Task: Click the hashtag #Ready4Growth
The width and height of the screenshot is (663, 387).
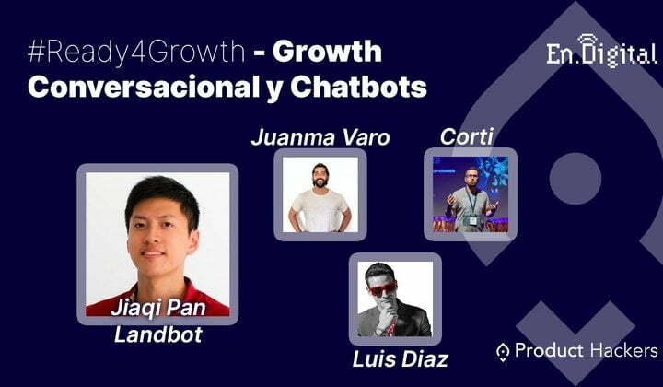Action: pos(136,52)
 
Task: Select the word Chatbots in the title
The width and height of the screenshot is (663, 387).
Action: pos(358,87)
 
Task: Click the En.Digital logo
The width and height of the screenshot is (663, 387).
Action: pos(601,52)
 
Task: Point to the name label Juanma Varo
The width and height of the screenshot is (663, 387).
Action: pos(320,137)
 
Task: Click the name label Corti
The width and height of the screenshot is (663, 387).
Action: pos(466,136)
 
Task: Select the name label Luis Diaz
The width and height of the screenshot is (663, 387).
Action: pos(400,359)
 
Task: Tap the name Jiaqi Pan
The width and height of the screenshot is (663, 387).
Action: pos(158,308)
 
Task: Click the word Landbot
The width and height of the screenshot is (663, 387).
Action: pos(158,334)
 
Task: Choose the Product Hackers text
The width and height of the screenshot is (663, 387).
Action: pos(586,351)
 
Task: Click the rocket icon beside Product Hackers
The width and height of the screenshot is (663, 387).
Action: pos(503,352)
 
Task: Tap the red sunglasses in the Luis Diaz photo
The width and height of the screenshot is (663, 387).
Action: pos(383,288)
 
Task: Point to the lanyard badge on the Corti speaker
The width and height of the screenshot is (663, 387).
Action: pos(472,220)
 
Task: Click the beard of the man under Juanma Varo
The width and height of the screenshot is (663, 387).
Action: pos(320,182)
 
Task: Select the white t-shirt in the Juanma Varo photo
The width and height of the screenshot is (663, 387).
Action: pos(320,210)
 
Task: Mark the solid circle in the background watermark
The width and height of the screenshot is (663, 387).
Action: pos(575,179)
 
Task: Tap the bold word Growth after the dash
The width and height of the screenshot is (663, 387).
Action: pos(327,52)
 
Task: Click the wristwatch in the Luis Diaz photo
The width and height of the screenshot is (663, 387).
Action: pos(378,331)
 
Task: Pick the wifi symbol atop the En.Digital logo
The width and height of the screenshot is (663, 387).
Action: pos(587,41)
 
